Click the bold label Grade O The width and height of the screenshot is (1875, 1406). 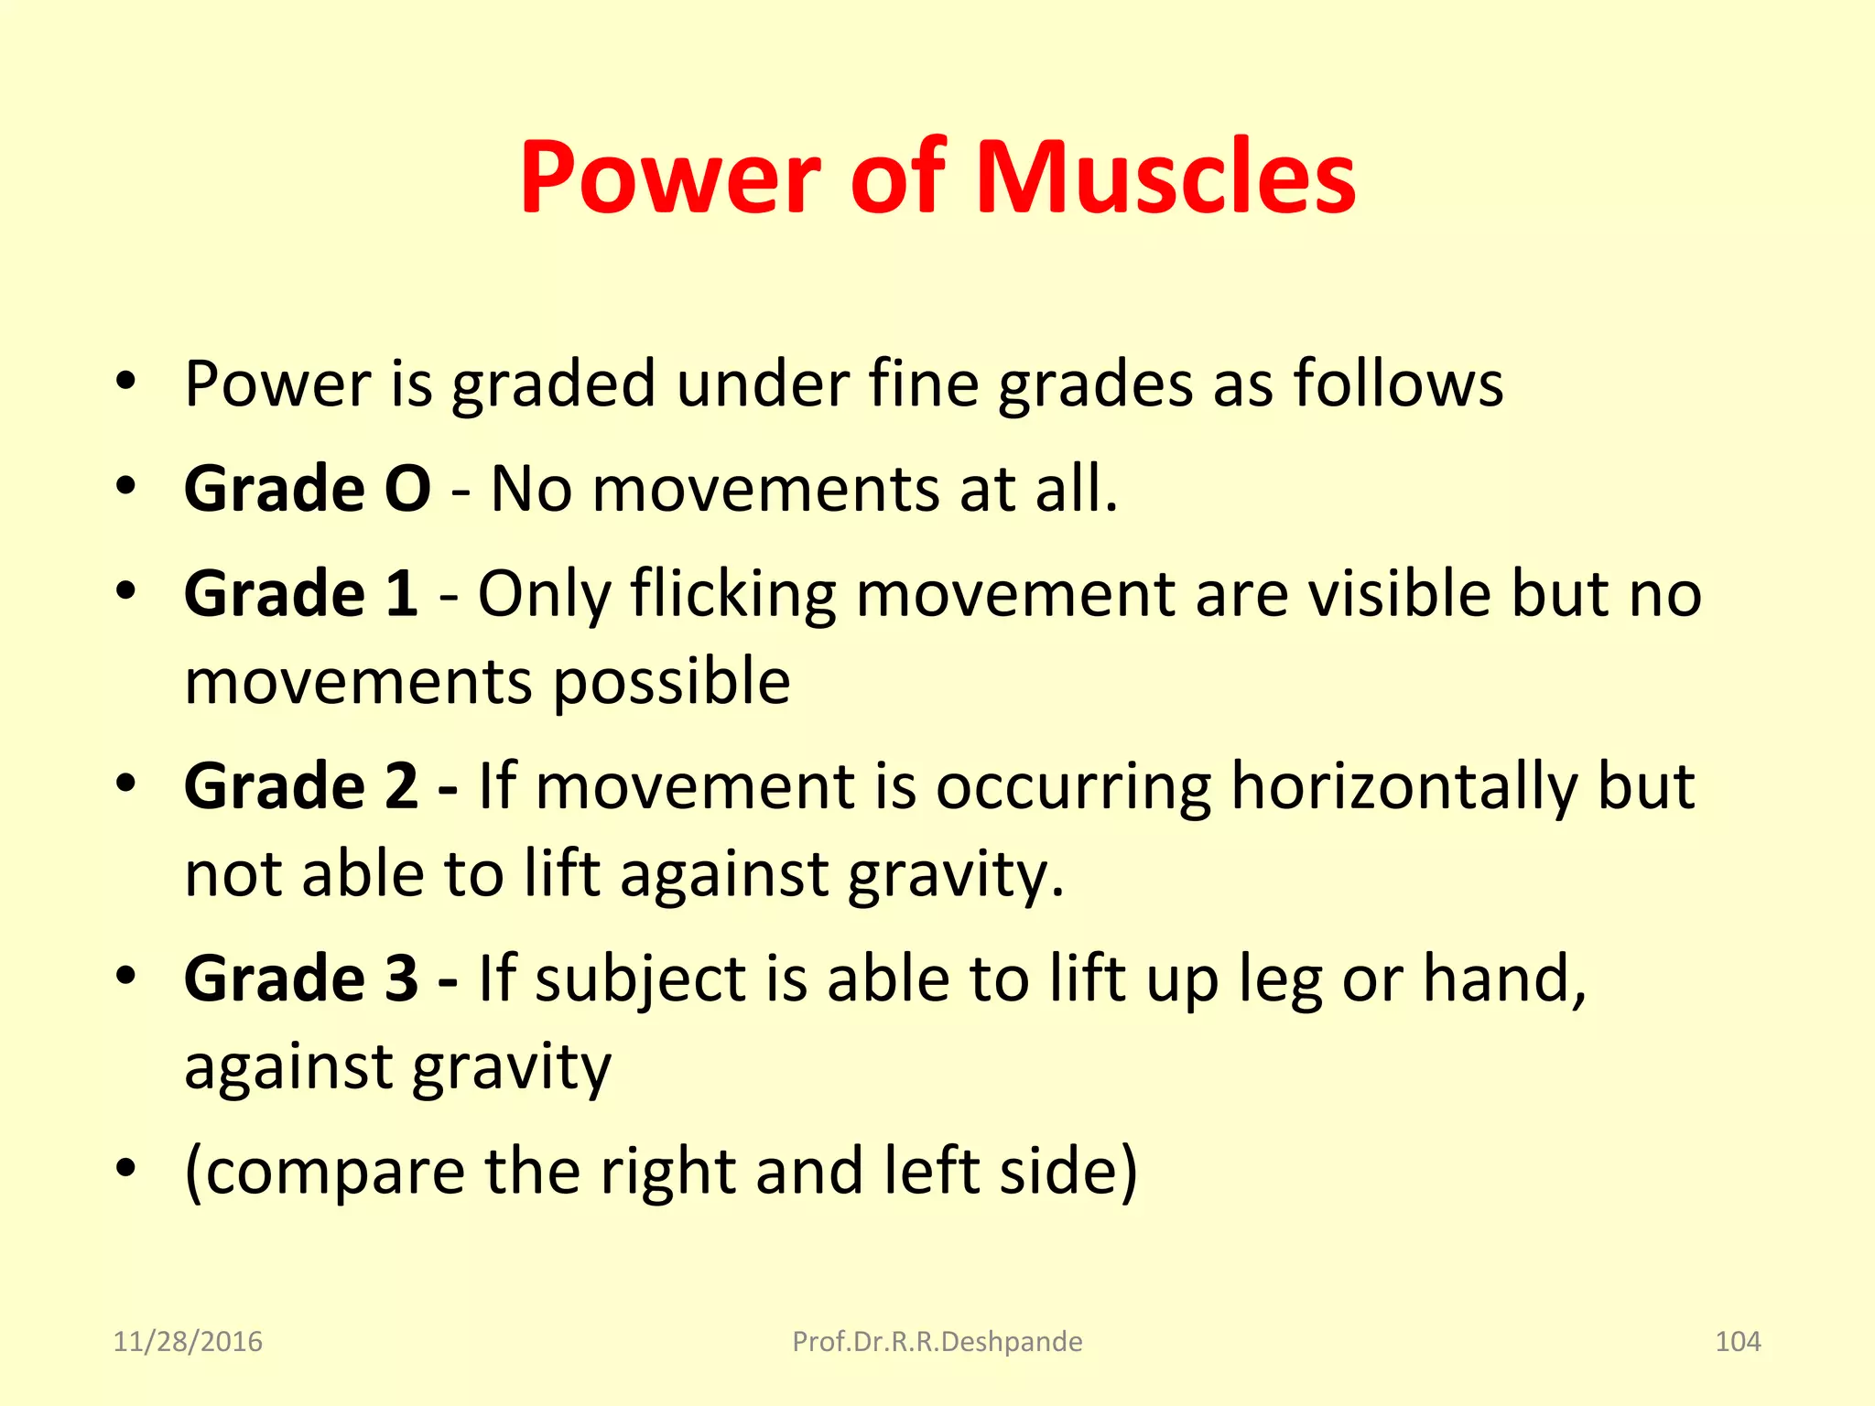click(x=307, y=488)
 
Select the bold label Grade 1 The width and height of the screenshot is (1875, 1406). click(x=301, y=593)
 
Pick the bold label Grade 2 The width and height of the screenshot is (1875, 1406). click(x=301, y=785)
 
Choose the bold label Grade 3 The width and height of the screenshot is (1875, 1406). click(x=301, y=978)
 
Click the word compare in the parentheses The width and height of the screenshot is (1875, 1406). click(x=334, y=1172)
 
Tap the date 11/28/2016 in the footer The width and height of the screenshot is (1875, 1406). click(x=188, y=1341)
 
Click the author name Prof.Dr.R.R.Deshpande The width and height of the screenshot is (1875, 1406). click(x=937, y=1341)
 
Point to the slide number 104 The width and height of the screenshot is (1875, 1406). click(x=1737, y=1341)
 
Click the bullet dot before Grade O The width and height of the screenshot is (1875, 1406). click(x=126, y=485)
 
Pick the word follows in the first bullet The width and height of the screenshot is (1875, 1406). click(x=1398, y=383)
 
